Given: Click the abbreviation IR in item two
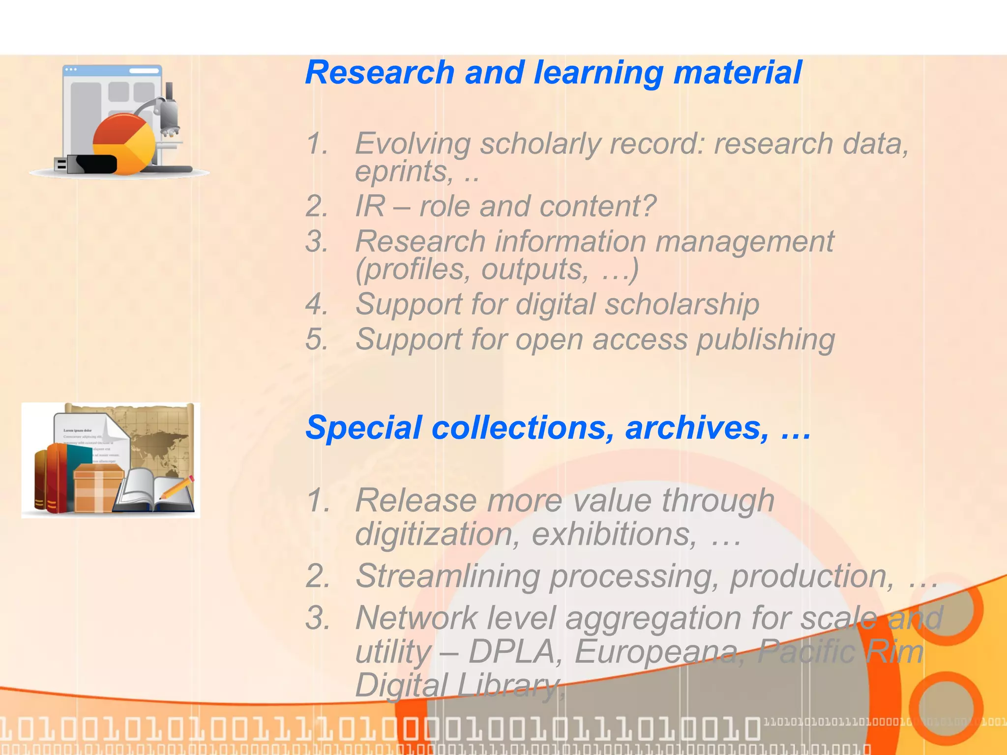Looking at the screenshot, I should (x=370, y=206).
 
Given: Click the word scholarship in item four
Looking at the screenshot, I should (x=682, y=305).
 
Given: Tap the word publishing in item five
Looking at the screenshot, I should (x=766, y=340).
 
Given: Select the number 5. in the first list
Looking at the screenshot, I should (x=317, y=339).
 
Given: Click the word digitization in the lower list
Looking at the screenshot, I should (x=437, y=534).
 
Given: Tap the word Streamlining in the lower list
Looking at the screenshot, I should (x=447, y=576).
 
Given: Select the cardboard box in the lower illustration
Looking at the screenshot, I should (x=98, y=489).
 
